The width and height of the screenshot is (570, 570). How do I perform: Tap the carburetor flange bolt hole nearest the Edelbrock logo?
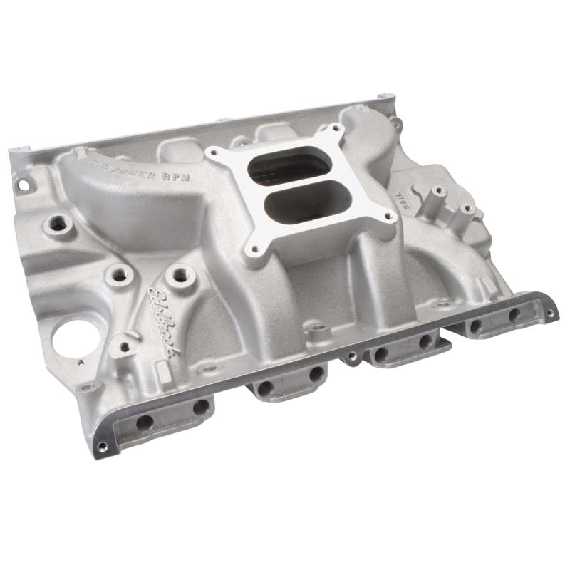point(250,251)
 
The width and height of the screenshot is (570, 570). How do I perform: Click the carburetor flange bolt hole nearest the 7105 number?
point(391,217)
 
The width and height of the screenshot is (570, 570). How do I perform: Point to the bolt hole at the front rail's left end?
point(103,447)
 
